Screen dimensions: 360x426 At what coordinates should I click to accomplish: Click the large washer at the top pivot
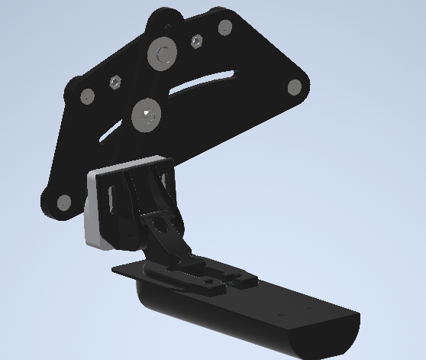(163, 54)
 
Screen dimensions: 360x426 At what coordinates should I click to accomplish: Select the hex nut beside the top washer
(197, 41)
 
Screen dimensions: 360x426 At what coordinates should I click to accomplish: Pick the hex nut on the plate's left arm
(115, 81)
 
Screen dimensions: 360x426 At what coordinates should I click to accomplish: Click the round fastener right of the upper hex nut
(224, 28)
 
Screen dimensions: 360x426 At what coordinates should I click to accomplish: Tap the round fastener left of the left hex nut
(87, 96)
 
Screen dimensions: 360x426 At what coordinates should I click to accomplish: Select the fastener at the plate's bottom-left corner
(63, 203)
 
